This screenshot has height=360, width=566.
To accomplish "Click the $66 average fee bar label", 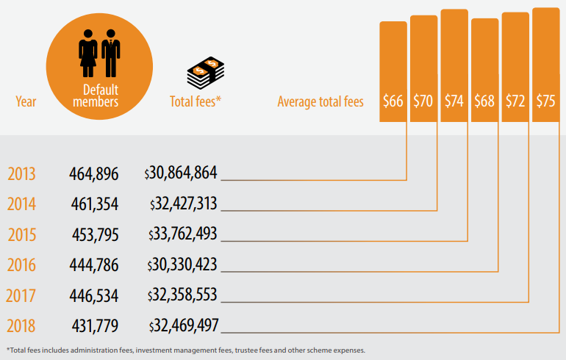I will click(x=393, y=101).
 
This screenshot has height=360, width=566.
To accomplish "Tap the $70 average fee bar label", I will click(x=423, y=101).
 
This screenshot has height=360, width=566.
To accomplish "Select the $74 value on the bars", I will click(x=454, y=101).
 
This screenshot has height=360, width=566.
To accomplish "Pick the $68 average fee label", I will click(x=484, y=101).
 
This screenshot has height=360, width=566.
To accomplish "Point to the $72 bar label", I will click(x=515, y=101).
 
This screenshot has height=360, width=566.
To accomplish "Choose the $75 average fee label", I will click(x=546, y=101).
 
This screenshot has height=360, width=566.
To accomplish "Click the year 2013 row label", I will click(x=21, y=175).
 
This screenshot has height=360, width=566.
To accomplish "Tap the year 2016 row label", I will click(x=21, y=264).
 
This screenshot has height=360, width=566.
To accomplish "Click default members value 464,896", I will click(x=93, y=174).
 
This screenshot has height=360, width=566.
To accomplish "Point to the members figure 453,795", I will click(x=93, y=234).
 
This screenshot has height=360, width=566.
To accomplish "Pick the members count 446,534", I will click(x=93, y=295).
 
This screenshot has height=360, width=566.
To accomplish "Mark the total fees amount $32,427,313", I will click(x=183, y=204).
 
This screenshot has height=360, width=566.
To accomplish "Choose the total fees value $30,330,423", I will click(x=183, y=264).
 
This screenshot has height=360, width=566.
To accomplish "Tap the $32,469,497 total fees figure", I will click(x=183, y=325).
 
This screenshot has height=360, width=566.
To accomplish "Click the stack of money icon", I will click(x=205, y=73).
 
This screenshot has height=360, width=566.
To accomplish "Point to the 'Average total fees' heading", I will click(x=320, y=102).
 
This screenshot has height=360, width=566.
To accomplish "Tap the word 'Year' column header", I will click(x=26, y=102).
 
